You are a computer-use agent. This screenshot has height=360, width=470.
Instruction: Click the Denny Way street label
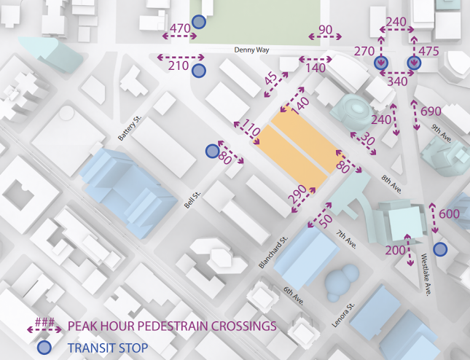point(251,50)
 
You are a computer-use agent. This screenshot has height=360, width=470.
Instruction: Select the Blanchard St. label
point(274,251)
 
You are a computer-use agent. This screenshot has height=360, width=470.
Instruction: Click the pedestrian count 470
point(179,29)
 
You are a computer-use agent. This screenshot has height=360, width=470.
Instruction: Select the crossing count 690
point(431,111)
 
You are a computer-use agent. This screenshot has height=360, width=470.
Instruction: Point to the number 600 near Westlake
point(450,214)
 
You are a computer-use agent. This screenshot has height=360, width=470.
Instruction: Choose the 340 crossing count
point(397,82)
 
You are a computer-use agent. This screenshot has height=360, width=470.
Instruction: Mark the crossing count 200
point(394,251)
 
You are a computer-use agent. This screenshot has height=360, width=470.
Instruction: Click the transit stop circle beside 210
point(198,71)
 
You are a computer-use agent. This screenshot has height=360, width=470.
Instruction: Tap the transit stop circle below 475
point(414,64)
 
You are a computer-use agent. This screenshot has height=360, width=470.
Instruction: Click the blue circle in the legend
point(44,347)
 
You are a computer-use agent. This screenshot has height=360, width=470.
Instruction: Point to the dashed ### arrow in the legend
point(44,325)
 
